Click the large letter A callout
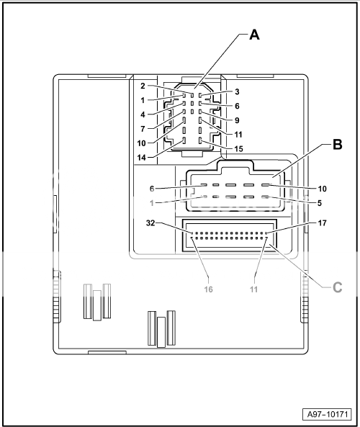coord(254,35)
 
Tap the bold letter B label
coord(338,144)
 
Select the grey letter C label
coord(338,287)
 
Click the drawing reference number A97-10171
coord(328,415)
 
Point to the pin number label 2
coord(143,86)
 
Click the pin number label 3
coord(237,91)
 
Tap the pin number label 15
coord(238,149)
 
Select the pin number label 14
coord(142,158)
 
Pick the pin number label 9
coord(237,120)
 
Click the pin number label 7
coord(143,129)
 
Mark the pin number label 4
coord(143,114)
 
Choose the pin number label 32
coord(150,223)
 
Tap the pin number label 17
coord(322,223)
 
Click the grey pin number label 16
coord(208,289)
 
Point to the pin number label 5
coord(320,203)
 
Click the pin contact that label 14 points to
coord(184,141)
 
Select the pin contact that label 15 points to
coord(200,141)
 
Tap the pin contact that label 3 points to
coord(200,96)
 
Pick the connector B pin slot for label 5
coord(265,197)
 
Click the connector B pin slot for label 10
coord(265,185)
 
